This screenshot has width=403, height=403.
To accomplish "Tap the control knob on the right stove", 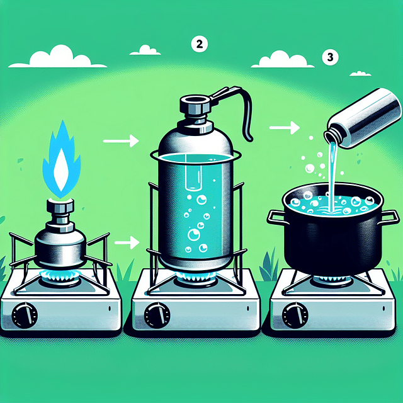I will point(293,312).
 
